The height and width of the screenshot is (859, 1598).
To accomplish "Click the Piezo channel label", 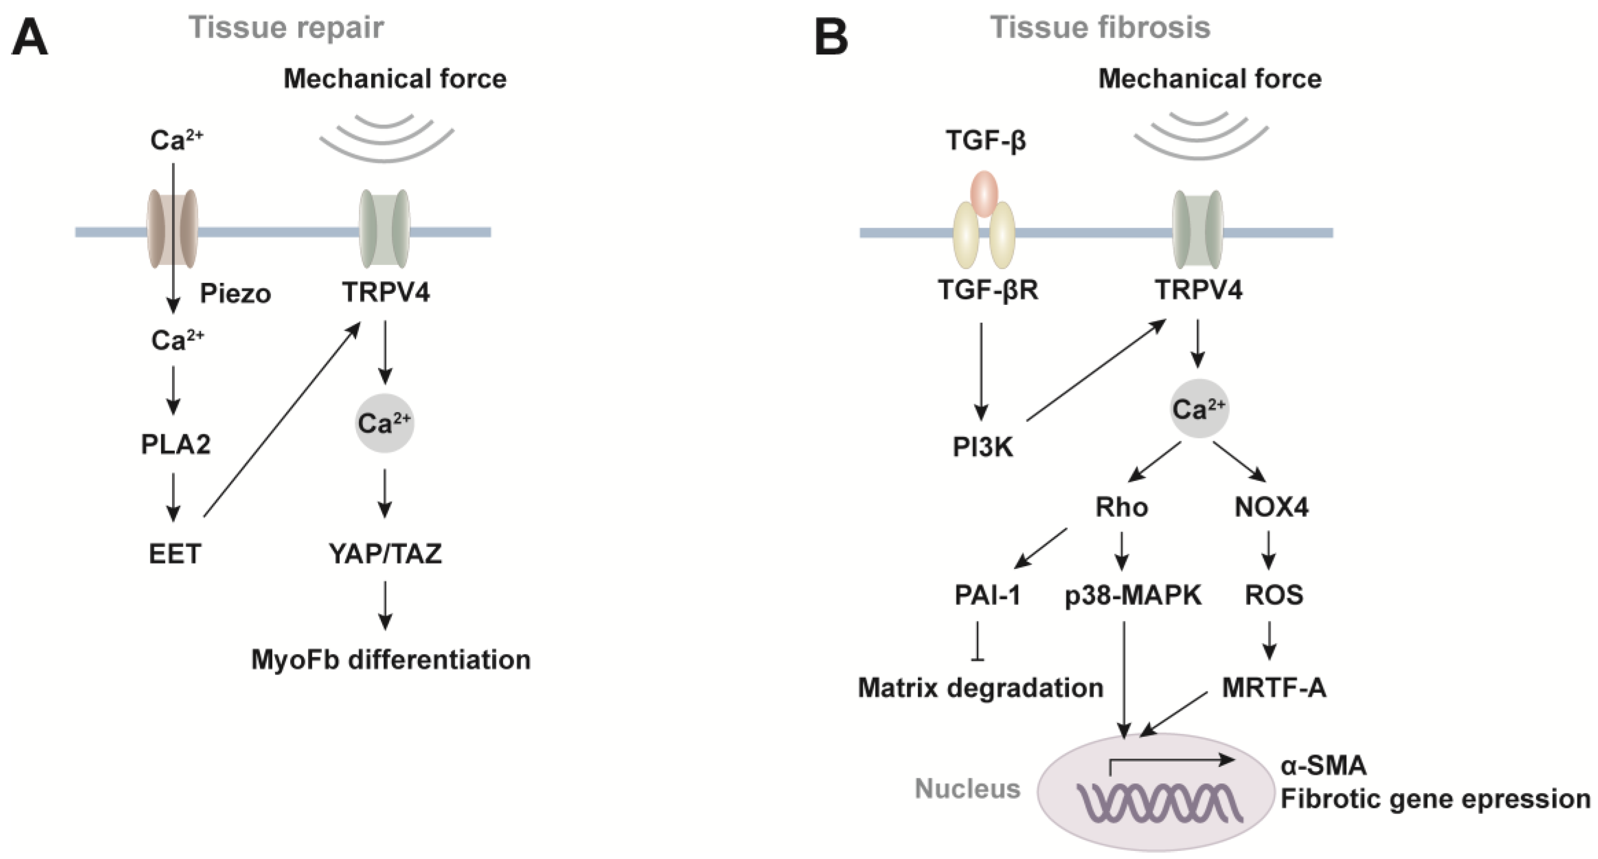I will [x=235, y=293].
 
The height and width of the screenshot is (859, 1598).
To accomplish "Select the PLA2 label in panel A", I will [x=176, y=444].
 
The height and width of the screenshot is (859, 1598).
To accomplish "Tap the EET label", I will [x=175, y=553].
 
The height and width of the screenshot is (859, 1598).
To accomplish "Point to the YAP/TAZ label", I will [x=385, y=553].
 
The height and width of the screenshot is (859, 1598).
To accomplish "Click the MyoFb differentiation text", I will [x=391, y=659].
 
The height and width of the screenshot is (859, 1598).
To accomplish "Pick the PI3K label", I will [x=983, y=447].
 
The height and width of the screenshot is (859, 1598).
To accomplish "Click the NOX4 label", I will [x=1271, y=507].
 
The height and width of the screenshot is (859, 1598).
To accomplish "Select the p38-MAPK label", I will [x=1133, y=595].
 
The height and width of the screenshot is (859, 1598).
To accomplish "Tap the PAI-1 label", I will [x=987, y=595].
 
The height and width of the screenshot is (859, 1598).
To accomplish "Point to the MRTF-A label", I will [x=1273, y=687].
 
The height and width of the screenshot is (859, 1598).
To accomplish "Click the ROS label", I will [x=1273, y=595].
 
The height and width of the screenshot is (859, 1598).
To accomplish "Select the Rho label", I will [x=1121, y=507].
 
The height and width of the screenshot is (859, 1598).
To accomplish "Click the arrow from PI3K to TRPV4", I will [x=1095, y=370].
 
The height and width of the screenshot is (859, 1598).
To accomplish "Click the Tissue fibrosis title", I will [x=1100, y=27].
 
